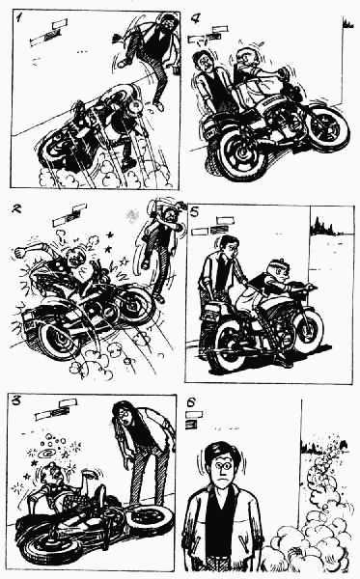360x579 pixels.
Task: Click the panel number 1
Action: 18,17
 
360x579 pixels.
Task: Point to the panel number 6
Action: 191,402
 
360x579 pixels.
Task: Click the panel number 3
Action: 15,400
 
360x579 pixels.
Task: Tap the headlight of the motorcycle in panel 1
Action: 135,105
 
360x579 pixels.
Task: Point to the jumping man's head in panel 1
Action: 167,23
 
